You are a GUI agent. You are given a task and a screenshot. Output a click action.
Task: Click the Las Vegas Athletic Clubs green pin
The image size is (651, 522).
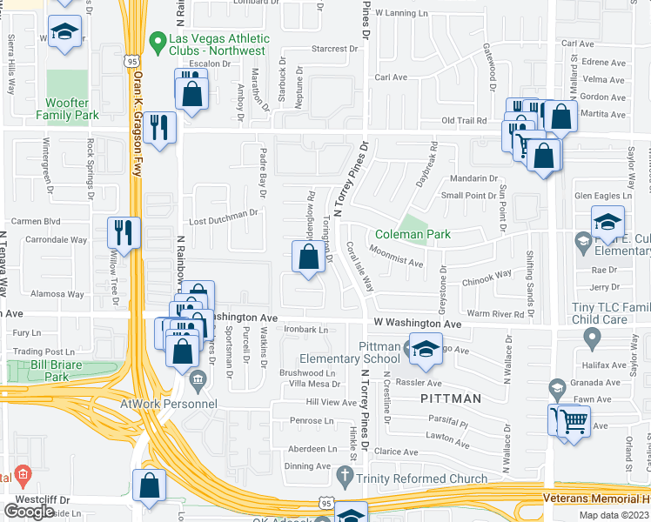point(158,41)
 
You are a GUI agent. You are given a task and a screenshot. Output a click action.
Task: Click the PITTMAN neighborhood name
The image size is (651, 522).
point(451,398)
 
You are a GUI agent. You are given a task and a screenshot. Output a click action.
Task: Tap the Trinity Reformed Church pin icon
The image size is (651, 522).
point(346,475)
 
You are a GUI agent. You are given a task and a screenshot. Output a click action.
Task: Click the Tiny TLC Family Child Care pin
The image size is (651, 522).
point(593,337)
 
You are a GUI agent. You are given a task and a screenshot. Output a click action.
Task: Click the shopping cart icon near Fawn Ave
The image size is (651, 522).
point(574,422)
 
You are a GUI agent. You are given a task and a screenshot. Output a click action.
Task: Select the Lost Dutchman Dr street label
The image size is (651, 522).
point(225,213)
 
